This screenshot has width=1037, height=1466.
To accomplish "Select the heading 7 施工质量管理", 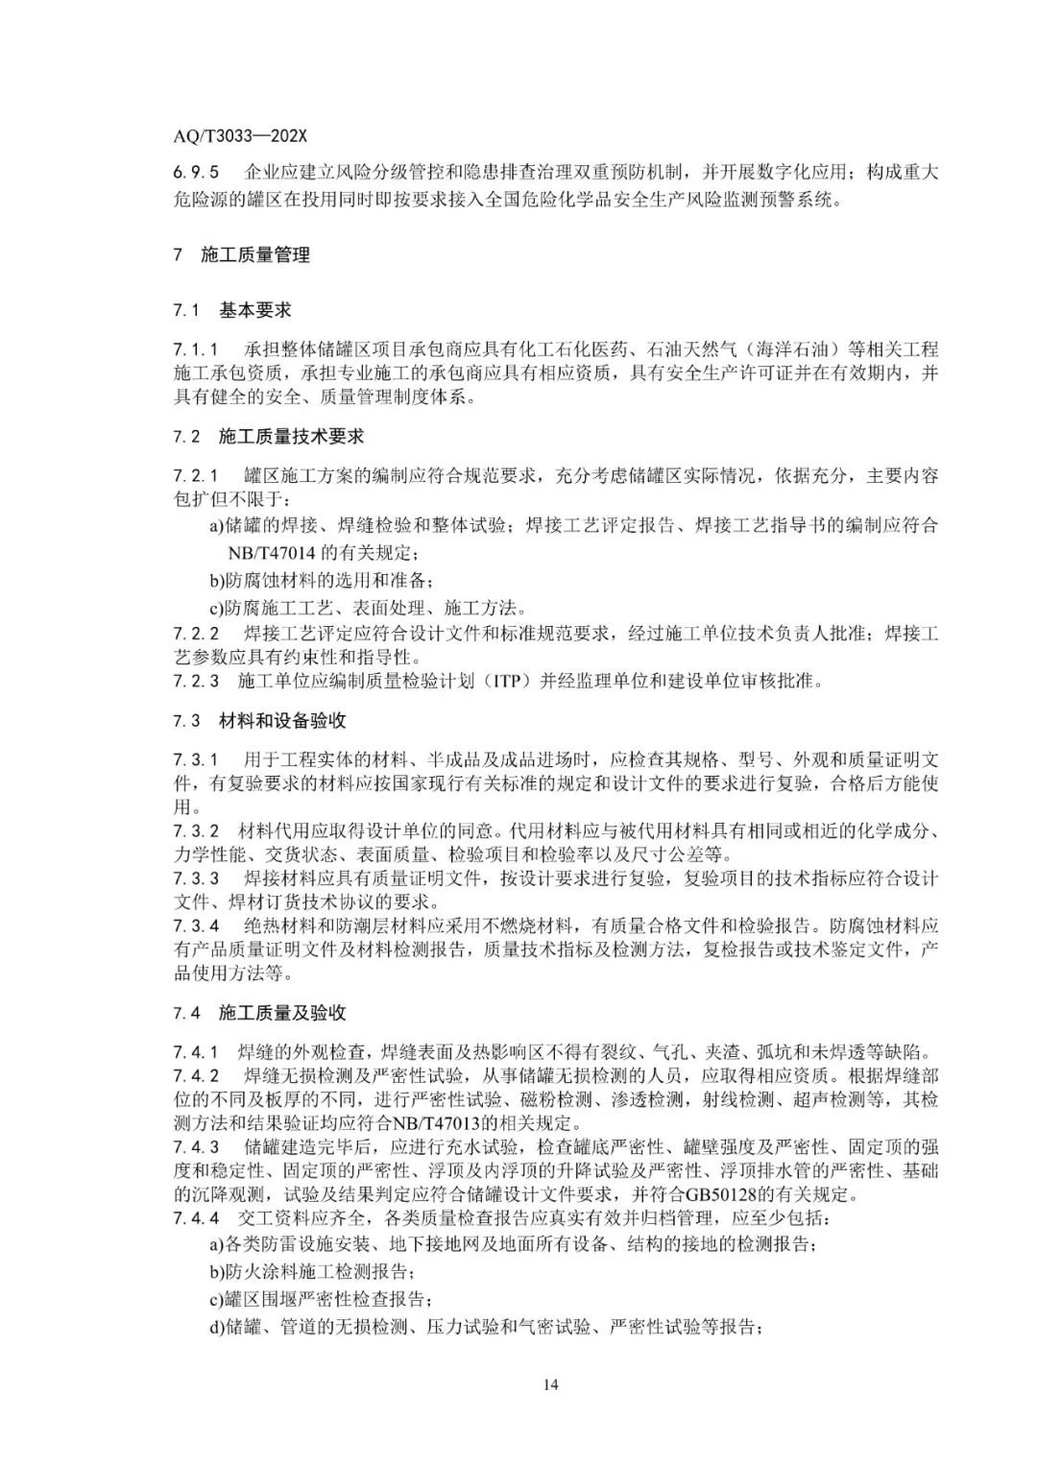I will (x=242, y=255).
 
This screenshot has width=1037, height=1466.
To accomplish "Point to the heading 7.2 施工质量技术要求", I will (x=269, y=436).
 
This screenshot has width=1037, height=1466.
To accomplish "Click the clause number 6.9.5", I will (x=196, y=173).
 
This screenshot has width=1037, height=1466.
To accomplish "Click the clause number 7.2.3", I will (x=196, y=682).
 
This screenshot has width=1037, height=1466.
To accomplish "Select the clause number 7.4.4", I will (x=196, y=1218).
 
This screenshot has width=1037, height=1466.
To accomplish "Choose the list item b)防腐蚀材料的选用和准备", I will (x=322, y=581).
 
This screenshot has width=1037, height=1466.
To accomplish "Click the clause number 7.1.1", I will (x=196, y=348).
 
